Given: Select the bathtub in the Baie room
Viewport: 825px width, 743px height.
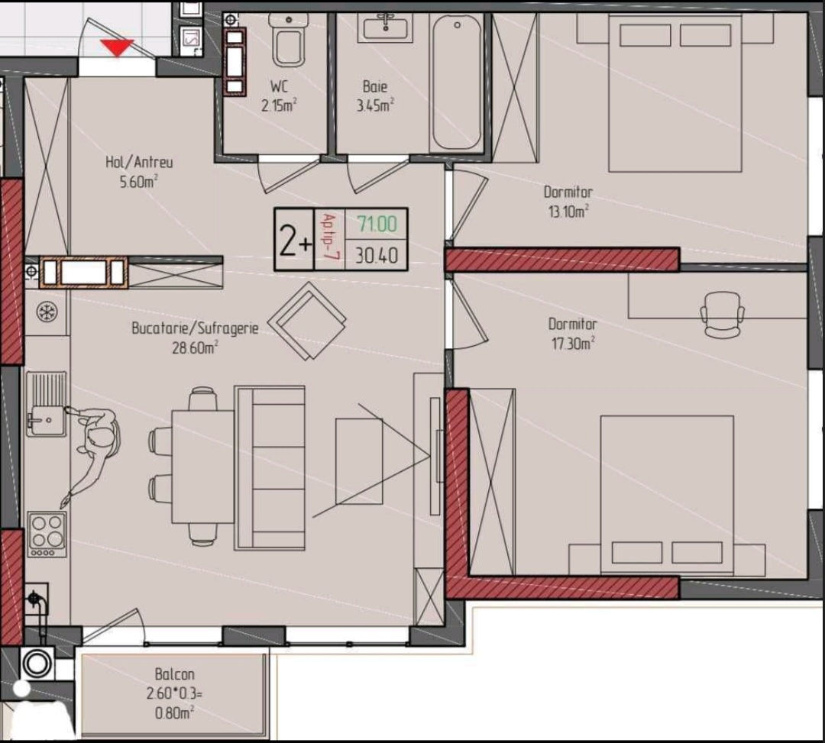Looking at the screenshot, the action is tap(457, 82).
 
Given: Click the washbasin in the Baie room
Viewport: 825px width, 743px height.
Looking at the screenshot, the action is tap(386, 27).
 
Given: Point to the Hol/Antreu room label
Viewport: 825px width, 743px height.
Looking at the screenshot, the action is tap(139, 162).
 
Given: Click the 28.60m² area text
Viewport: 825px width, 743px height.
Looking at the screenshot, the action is tap(196, 347).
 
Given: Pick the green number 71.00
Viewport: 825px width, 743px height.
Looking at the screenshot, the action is tap(377, 224).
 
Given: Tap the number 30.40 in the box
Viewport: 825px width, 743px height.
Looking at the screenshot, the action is tap(377, 256).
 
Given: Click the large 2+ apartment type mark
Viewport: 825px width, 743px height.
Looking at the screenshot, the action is tap(295, 241).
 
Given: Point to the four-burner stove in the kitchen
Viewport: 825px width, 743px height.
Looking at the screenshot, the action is tap(47, 534).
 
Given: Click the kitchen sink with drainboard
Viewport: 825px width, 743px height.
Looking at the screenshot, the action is tap(47, 404).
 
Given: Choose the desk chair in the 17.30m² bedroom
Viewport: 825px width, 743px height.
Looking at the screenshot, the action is tap(723, 315).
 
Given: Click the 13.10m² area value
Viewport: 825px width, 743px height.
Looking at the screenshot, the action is tap(568, 212).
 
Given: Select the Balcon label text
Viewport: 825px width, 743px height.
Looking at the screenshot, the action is tap(175, 674).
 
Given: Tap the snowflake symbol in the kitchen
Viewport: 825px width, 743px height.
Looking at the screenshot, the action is tap(47, 312).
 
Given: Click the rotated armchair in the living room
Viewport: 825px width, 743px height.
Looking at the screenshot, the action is tap(307, 321).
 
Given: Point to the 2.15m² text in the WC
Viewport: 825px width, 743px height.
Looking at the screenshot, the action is tap(279, 105).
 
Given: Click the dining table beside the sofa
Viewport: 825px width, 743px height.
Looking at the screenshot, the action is tap(203, 467).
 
